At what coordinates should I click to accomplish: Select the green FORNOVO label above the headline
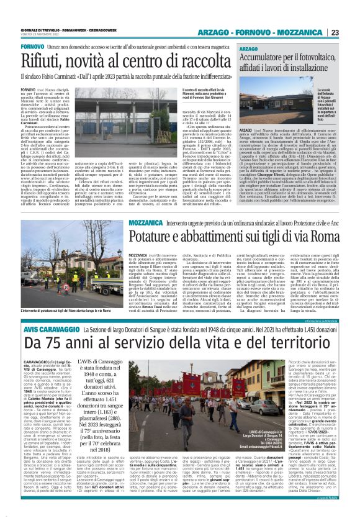coord(32,47)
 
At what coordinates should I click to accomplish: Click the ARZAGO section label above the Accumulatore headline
coord(248,48)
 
